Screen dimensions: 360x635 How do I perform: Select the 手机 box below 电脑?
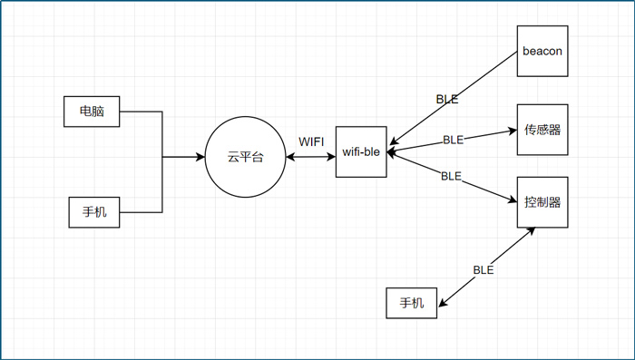[x=94, y=212]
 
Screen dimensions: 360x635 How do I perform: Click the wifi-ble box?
[x=361, y=152]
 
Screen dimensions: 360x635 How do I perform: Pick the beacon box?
[x=542, y=51]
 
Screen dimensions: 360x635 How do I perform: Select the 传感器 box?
[x=542, y=130]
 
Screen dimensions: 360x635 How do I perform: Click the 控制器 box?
[x=542, y=201]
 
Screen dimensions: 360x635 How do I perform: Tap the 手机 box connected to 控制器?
[x=412, y=303]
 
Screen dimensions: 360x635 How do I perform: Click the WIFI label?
[x=311, y=141]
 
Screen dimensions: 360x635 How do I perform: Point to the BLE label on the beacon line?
[x=447, y=100]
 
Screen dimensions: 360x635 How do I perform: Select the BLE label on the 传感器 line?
[x=453, y=140]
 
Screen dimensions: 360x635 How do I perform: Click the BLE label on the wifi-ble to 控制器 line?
[x=451, y=176]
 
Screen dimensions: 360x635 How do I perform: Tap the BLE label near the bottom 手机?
[x=483, y=269]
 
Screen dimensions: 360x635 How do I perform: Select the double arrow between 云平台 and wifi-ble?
[x=310, y=157]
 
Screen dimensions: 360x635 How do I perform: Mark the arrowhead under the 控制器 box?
[x=532, y=231]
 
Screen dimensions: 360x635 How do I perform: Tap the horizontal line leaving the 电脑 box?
[x=141, y=112]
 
